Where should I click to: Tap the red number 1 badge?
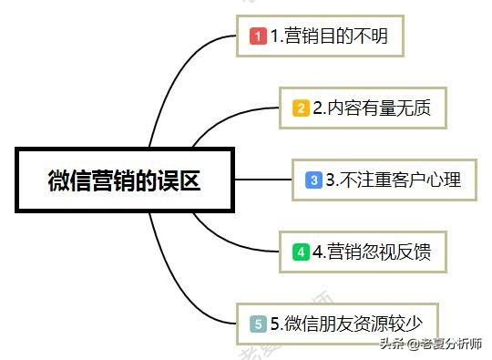(x=258, y=36)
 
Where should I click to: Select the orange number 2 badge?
(x=301, y=108)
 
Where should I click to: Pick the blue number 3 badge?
(x=313, y=180)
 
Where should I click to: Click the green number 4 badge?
(x=301, y=252)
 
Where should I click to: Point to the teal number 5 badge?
(x=258, y=324)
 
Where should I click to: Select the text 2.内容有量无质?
(x=371, y=108)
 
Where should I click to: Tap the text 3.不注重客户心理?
(x=394, y=180)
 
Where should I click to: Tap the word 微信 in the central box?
(x=62, y=180)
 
